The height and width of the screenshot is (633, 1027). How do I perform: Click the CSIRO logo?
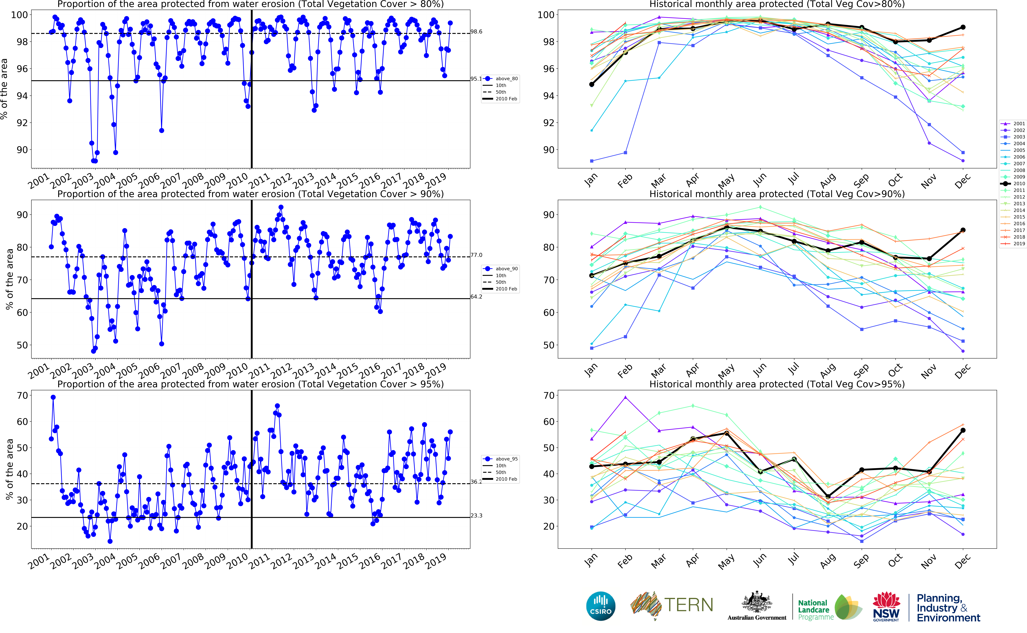point(601,606)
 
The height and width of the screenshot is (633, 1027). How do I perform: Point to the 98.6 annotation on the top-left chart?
point(476,32)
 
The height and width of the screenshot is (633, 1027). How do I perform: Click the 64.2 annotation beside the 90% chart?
point(476,297)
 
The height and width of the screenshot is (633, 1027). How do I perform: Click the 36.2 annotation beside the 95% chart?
point(476,482)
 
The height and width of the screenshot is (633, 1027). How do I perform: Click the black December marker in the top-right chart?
point(963,27)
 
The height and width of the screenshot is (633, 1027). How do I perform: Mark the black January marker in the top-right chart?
point(592,85)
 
